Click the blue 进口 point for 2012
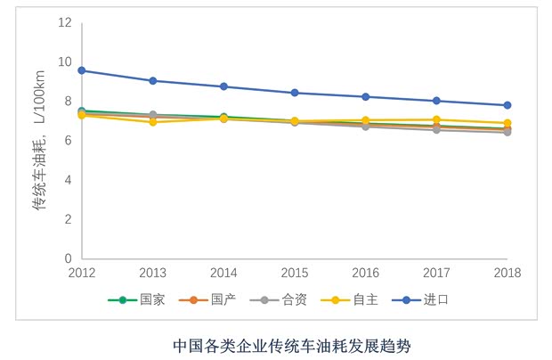[x=82, y=70]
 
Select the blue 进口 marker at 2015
[x=295, y=93]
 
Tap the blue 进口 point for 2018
[x=507, y=105]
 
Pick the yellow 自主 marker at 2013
[x=153, y=121]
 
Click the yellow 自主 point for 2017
[x=436, y=119]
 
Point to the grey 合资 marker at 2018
[x=507, y=131]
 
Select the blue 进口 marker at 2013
[x=153, y=81]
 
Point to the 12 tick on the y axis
[x=64, y=22]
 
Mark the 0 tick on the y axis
[x=67, y=258]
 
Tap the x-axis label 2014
[x=223, y=272]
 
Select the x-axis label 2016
[x=366, y=272]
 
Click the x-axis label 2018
[x=507, y=272]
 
